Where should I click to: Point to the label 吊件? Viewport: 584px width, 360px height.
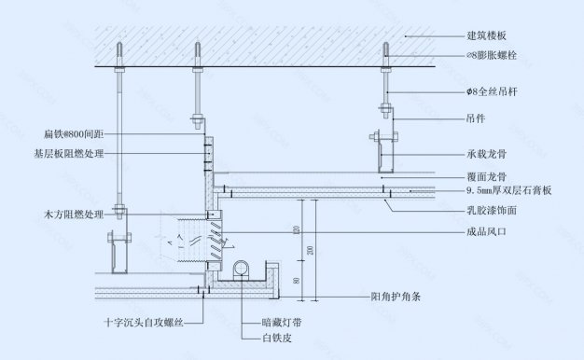click(x=476, y=119)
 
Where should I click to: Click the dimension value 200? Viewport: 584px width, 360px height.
click(x=311, y=251)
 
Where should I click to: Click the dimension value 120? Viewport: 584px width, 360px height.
click(x=295, y=229)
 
